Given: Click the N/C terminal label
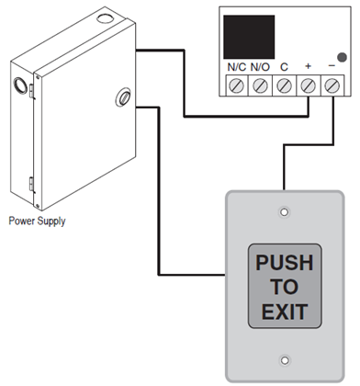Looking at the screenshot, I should [x=235, y=68].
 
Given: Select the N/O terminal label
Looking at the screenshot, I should [x=260, y=68].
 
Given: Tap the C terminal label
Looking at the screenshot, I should [x=284, y=68].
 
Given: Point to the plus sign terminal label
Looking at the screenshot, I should [x=308, y=68].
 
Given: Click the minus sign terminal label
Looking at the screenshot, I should [x=332, y=68].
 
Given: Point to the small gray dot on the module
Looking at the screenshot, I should [x=342, y=54].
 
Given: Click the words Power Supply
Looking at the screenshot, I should [x=38, y=221].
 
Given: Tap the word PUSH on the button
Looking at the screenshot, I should [x=284, y=264].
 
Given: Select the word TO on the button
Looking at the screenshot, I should [x=284, y=287].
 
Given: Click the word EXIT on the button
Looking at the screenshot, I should [x=284, y=311].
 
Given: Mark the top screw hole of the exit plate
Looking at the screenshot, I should [x=285, y=212].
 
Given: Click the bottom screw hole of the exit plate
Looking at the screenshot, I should [x=285, y=360].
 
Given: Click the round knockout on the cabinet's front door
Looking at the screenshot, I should [x=119, y=96].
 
